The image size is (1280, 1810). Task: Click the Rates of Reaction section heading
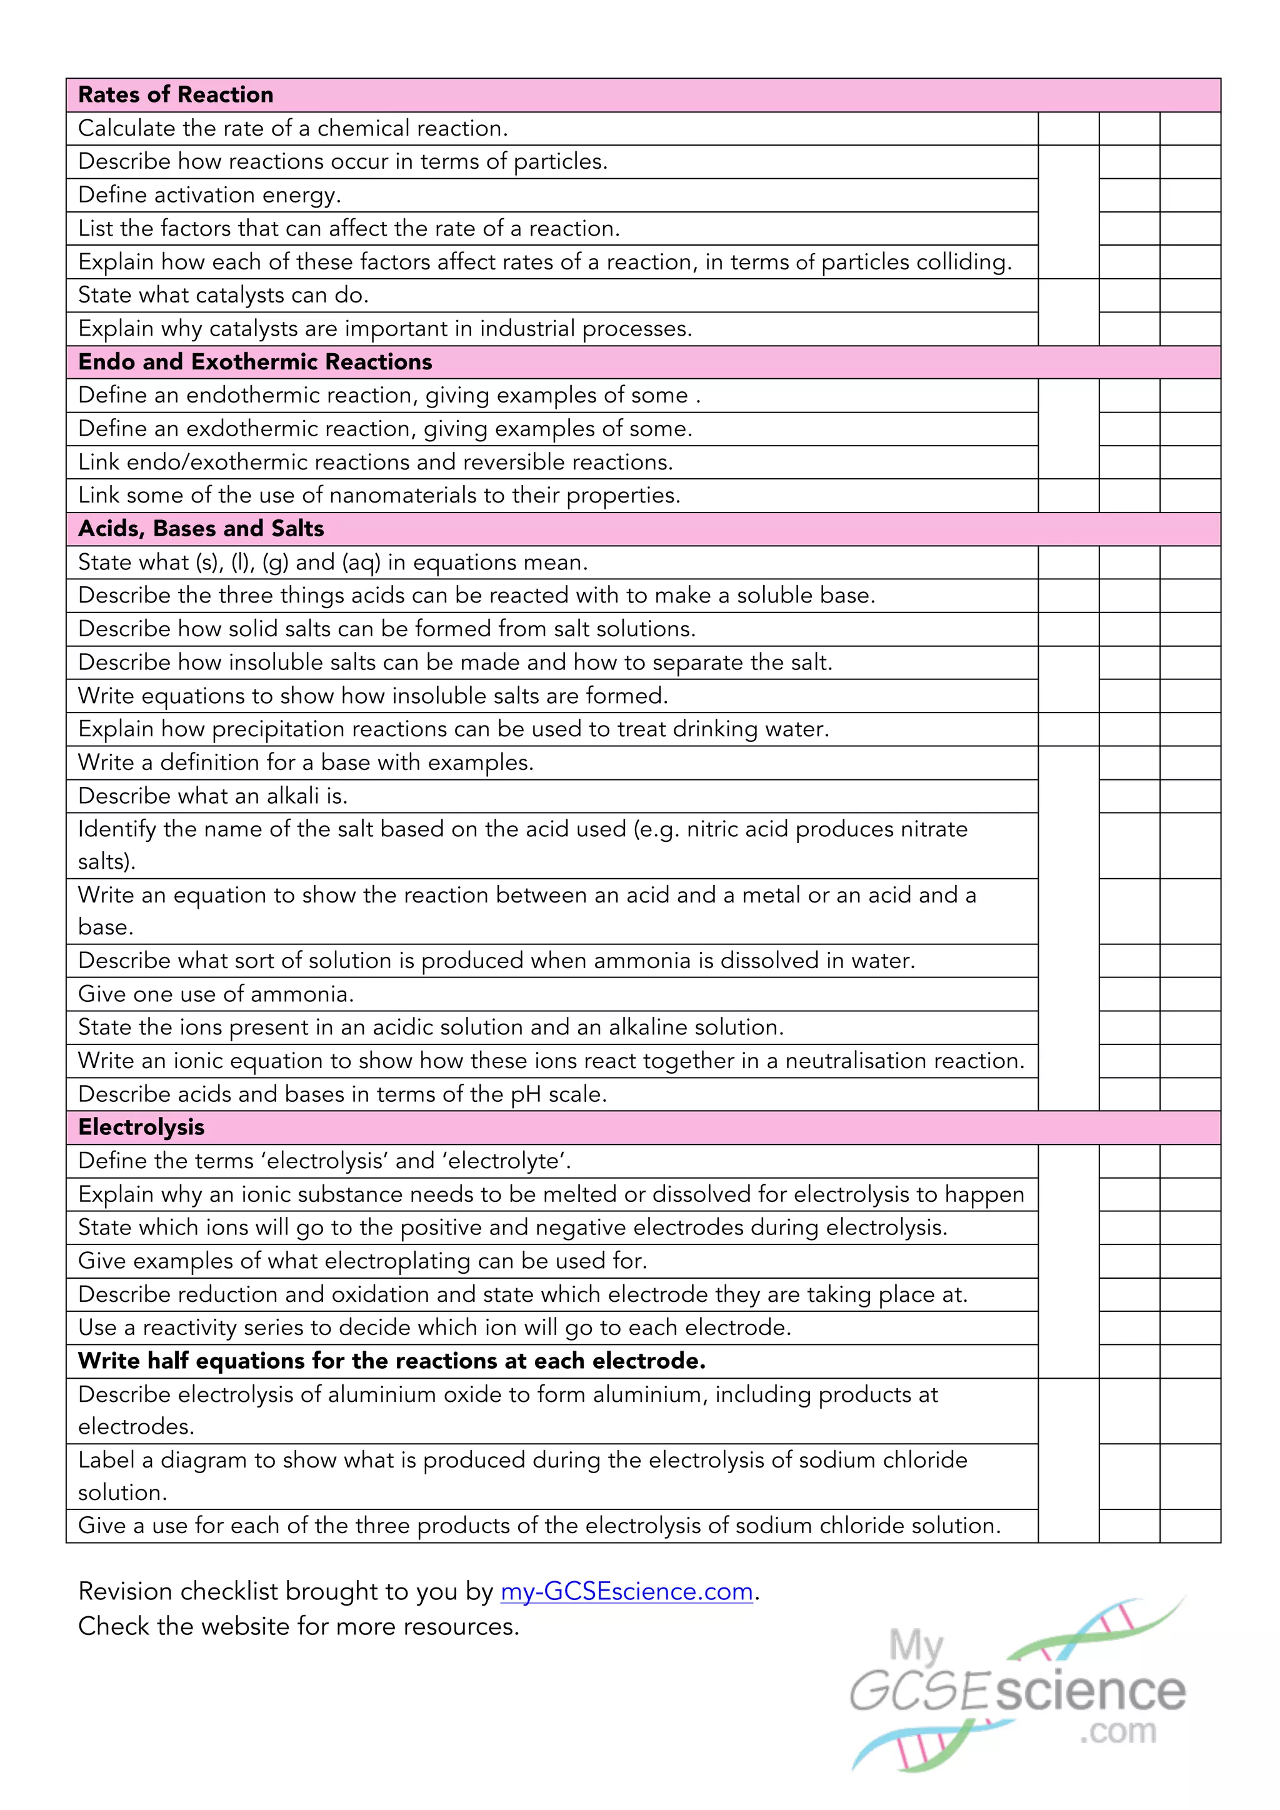coord(175,94)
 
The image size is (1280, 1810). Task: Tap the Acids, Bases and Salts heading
coord(201,528)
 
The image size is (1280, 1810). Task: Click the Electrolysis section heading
coord(141,1127)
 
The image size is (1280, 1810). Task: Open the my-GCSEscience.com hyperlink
coord(627,1592)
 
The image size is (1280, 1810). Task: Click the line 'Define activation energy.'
coord(209,195)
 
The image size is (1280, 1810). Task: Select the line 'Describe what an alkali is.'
coord(212,796)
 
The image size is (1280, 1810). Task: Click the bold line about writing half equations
coord(392,1361)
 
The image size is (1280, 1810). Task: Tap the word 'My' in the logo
coord(916,1646)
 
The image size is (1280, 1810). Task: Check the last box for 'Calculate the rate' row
coord(1190,129)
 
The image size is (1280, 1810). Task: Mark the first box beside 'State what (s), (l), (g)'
coord(1068,562)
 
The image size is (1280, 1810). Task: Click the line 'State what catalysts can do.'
coord(223,295)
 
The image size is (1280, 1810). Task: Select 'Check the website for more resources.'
coord(299,1626)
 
